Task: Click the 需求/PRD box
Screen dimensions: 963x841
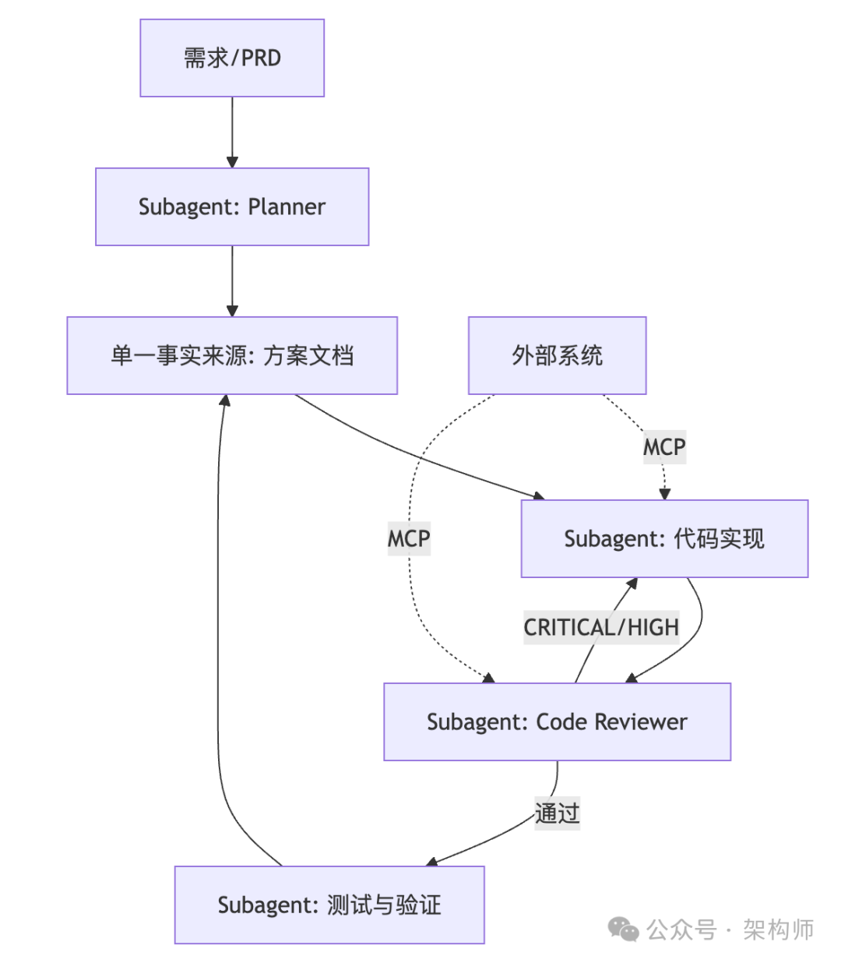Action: click(x=232, y=58)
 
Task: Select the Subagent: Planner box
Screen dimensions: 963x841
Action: click(x=232, y=206)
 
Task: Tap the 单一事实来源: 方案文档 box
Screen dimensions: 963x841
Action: click(x=232, y=355)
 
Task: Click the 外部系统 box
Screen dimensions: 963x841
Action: click(x=557, y=355)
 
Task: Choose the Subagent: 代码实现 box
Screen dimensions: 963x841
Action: click(x=664, y=538)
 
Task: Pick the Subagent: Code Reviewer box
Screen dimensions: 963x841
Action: click(x=557, y=721)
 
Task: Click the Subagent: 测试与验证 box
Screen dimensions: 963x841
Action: click(x=329, y=905)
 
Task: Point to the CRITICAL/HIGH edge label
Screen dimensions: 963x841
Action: click(x=601, y=627)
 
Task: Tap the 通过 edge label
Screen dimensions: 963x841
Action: click(x=557, y=813)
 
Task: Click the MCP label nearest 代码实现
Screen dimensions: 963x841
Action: click(x=664, y=447)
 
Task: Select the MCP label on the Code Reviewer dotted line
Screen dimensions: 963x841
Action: click(x=409, y=538)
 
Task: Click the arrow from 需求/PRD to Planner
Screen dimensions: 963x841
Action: click(x=232, y=132)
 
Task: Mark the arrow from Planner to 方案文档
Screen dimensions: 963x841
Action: click(x=232, y=280)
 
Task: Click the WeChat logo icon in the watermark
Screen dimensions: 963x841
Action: click(x=624, y=929)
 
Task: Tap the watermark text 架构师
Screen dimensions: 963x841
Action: click(x=778, y=929)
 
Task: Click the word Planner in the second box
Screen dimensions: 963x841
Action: click(x=287, y=206)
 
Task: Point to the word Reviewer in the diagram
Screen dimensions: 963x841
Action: click(x=640, y=721)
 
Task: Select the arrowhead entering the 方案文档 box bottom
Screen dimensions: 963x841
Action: click(x=225, y=400)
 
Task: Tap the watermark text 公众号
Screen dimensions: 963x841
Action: click(x=681, y=929)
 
